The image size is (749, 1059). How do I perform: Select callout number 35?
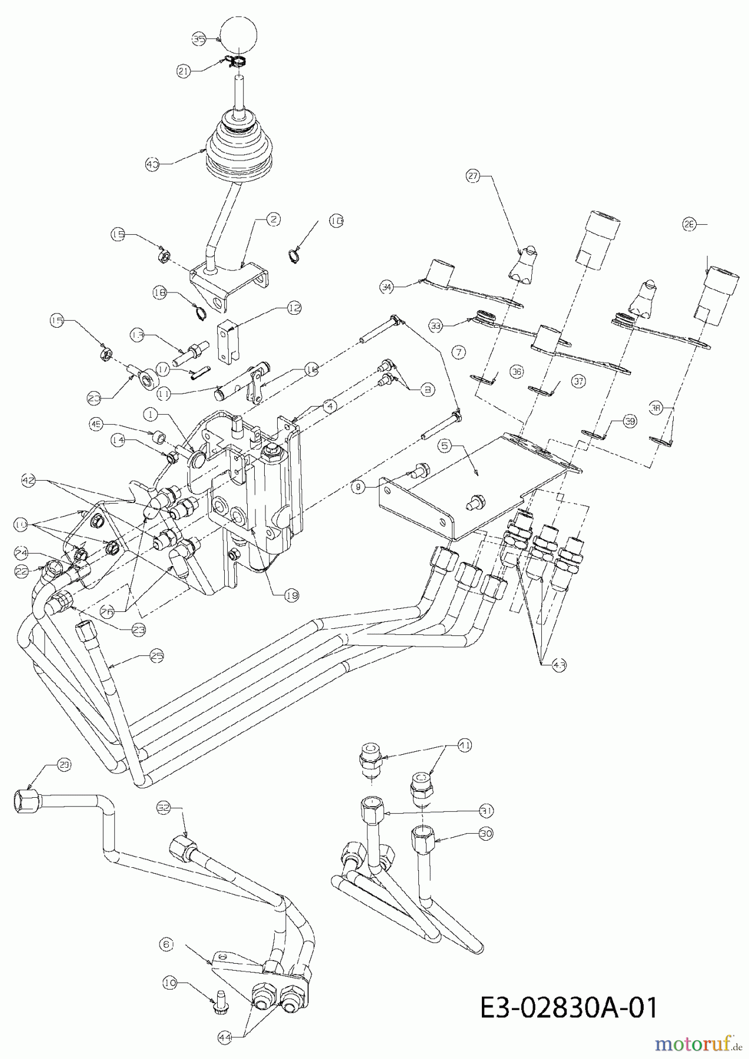pos(199,39)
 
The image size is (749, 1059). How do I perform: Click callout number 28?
pos(690,224)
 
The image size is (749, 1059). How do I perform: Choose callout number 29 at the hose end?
pos(64,764)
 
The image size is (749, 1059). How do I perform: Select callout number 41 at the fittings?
pos(465,745)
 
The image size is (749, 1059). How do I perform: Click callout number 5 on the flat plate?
pos(446,446)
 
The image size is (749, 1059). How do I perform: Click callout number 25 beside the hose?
pos(156,655)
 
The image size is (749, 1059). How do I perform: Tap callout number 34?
pos(387,288)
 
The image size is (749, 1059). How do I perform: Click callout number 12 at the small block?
pos(294,307)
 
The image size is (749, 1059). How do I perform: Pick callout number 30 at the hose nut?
pos(486,834)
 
